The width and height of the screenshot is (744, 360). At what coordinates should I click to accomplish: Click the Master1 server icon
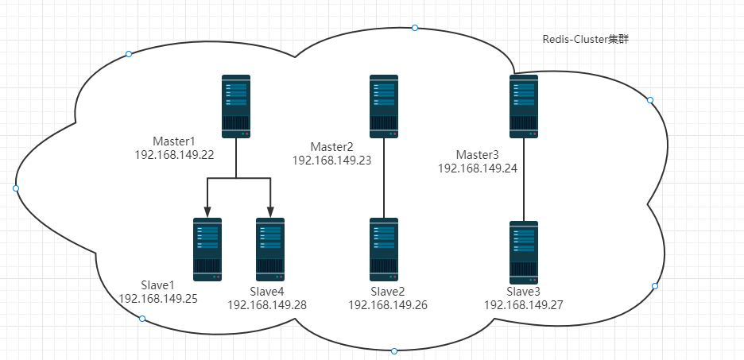coord(236,106)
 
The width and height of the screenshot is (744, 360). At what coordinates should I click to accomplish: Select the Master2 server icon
coord(384,106)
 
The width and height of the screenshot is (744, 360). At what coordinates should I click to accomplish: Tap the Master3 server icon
coord(524,106)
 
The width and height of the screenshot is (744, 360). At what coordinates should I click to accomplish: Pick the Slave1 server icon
coord(207,250)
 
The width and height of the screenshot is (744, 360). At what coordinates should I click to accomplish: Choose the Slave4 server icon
coord(270,250)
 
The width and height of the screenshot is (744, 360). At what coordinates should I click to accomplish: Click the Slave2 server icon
coord(384,250)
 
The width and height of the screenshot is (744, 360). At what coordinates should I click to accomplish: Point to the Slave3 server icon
coord(524,253)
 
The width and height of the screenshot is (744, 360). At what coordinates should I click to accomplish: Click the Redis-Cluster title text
coord(586,40)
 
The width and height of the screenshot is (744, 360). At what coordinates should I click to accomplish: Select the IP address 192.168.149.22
coord(175,155)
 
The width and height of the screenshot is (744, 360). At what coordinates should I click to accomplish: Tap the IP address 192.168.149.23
coord(331,161)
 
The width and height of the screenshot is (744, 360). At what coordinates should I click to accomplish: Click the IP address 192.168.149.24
coord(478,168)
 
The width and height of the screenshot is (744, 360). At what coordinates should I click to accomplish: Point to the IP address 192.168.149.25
coord(158,299)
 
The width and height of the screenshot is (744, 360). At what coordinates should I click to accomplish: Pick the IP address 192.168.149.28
coord(267,305)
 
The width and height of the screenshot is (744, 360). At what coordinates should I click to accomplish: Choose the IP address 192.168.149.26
coord(388,305)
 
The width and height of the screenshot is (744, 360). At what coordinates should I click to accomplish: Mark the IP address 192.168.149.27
coord(523,305)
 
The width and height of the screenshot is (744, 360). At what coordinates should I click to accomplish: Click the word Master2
coord(331,146)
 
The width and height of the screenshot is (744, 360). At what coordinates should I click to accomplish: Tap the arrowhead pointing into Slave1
coord(207,212)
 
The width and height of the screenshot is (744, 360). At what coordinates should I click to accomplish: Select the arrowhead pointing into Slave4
coord(270,212)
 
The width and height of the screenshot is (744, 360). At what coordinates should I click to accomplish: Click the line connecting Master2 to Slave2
coord(384,178)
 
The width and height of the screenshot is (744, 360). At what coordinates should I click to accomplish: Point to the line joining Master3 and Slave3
coord(524,180)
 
